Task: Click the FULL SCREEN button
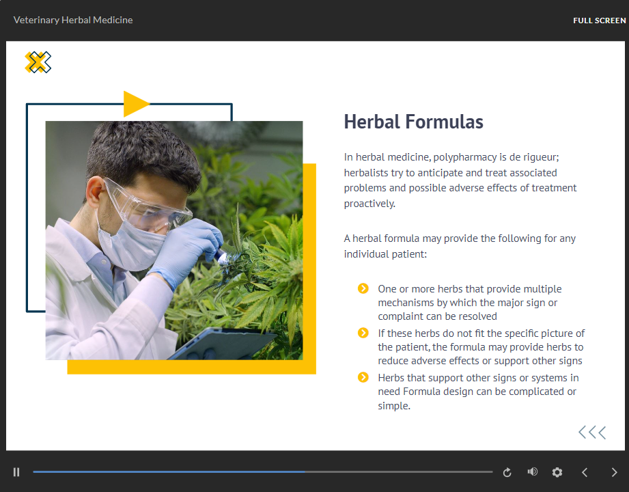pos(600,20)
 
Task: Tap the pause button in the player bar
pos(16,472)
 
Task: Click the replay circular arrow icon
pos(507,472)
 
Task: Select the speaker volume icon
pos(532,472)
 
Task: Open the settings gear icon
pos(557,472)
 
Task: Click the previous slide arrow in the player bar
pos(585,472)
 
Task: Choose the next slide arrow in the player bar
pos(614,472)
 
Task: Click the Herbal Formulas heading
pos(414,122)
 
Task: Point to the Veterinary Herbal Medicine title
pos(73,20)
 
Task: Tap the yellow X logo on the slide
pos(38,62)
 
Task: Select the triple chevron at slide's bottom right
pos(592,433)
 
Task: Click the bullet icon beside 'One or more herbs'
pos(363,288)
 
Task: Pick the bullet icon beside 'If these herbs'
pos(363,333)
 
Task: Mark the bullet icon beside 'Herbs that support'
pos(363,378)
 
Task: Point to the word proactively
pos(369,204)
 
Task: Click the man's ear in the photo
pos(95,190)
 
